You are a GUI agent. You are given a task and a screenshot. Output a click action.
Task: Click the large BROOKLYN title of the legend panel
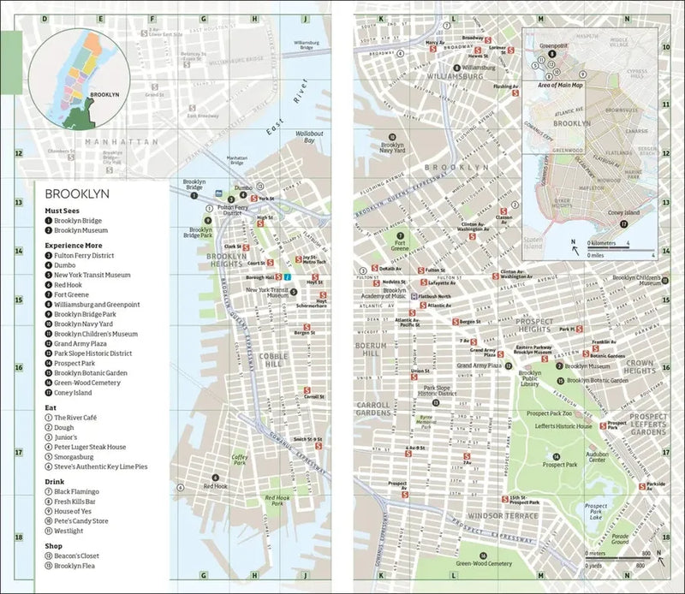(x=82, y=194)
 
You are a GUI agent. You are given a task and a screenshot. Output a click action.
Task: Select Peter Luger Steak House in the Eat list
(x=90, y=447)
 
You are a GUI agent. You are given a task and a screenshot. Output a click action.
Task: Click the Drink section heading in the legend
(x=57, y=480)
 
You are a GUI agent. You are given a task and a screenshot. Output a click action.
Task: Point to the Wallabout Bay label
(x=309, y=136)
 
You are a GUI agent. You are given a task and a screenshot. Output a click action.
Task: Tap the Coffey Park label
(x=240, y=460)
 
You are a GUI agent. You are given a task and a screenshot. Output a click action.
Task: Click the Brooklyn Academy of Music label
(x=408, y=294)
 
